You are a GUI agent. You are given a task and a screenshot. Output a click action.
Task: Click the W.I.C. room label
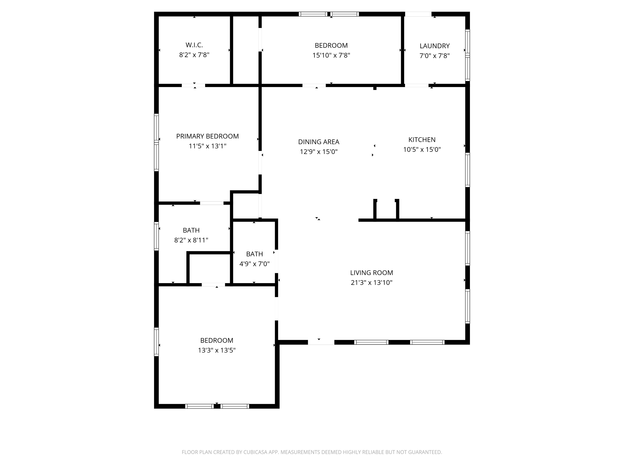point(194,45)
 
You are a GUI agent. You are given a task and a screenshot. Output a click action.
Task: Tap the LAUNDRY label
point(435,46)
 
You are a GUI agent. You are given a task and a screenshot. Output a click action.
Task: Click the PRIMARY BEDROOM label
point(207,136)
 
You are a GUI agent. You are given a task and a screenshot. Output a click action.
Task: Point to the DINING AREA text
point(318,142)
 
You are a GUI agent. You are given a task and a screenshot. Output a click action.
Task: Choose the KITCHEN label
point(422,140)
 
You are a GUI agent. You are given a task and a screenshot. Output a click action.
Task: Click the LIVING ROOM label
point(371,272)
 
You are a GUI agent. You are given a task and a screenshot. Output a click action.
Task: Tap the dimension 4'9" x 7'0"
point(254,264)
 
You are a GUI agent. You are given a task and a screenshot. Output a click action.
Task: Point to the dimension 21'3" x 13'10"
point(371,282)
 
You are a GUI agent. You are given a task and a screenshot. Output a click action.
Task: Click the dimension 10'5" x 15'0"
point(422,150)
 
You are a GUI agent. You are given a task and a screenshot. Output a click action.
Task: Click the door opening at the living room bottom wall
point(321,342)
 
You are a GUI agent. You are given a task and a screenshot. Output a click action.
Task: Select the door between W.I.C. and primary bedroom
point(193,85)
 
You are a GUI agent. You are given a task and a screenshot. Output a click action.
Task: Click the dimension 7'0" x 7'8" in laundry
point(435,56)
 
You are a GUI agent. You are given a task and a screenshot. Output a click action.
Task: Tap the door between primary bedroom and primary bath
point(212,203)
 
